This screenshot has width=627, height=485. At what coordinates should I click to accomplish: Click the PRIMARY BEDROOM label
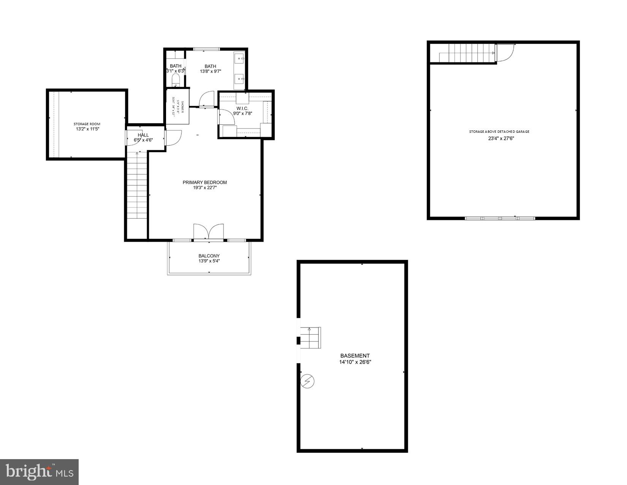(x=204, y=182)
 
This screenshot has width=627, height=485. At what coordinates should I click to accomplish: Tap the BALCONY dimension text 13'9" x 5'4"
(x=209, y=261)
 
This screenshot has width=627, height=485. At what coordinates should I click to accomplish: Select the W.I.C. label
(x=242, y=108)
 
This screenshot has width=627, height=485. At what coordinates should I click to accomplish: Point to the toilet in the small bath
(x=176, y=79)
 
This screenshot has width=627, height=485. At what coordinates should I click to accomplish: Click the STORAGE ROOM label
(x=87, y=124)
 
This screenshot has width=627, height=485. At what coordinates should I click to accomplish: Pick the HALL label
(x=143, y=135)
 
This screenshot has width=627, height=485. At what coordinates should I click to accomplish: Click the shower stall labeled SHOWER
(x=178, y=107)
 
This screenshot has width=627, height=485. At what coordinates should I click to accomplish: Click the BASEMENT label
(x=355, y=356)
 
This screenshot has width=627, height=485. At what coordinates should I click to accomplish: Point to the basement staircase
(x=311, y=337)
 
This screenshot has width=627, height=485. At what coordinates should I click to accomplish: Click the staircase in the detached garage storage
(x=467, y=53)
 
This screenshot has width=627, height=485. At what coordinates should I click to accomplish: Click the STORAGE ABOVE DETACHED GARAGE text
(x=499, y=132)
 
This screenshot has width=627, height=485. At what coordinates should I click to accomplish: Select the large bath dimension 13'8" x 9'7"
(x=211, y=72)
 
